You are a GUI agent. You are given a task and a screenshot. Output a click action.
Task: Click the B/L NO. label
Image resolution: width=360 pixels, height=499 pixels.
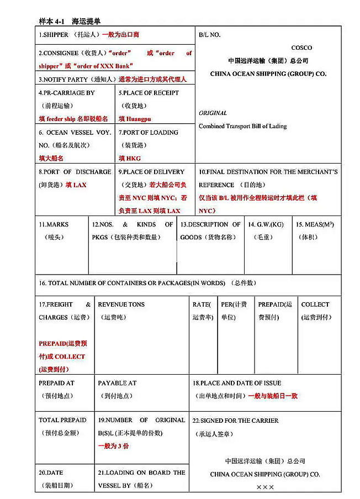210,35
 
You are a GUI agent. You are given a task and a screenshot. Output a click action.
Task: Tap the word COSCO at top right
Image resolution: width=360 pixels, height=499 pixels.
301,48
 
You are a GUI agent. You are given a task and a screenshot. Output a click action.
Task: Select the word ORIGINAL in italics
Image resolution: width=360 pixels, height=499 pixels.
213,113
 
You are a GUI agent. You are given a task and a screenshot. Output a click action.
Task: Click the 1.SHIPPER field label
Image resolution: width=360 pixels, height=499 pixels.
54,35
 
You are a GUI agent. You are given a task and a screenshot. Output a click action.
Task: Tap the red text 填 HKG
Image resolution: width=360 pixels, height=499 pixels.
130,158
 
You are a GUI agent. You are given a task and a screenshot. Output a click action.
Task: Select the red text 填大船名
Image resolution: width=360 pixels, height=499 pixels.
51,158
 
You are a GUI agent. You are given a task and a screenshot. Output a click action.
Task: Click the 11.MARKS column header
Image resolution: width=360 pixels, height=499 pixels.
54,225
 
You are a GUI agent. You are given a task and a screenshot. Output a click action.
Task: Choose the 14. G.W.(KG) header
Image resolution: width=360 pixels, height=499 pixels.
266,225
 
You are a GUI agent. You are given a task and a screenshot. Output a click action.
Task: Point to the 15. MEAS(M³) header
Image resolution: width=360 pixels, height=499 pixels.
315,225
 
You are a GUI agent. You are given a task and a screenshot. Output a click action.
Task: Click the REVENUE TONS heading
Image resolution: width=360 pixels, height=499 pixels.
121,304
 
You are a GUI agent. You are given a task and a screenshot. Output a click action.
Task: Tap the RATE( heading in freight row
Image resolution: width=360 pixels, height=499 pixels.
202,304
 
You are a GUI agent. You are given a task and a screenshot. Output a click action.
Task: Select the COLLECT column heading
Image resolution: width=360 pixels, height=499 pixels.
315,304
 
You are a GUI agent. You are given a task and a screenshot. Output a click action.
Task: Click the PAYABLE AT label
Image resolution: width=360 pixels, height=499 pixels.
117,383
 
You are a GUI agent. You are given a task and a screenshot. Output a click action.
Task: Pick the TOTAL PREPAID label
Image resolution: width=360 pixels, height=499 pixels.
62,420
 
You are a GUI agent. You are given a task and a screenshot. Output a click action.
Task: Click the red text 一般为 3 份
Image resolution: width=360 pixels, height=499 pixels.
113,446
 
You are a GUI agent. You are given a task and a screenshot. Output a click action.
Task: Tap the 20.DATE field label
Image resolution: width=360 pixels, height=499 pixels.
51,472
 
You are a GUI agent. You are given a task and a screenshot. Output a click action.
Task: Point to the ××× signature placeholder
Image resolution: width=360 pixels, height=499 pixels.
265,487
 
